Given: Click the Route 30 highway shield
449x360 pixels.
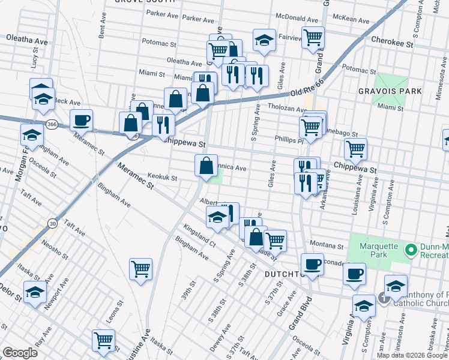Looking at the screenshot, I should click(x=53, y=223).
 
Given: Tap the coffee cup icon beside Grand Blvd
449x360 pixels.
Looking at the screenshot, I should click(x=312, y=264).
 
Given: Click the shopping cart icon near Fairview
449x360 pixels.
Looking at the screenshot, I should click(x=313, y=38).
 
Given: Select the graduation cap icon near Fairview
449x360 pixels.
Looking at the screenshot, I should click(x=264, y=40).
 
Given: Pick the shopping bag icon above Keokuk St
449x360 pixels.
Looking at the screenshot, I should click(x=206, y=164).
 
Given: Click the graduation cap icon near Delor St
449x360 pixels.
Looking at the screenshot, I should click(x=35, y=292).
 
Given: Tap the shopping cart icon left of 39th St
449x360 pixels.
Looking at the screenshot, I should click(x=140, y=269).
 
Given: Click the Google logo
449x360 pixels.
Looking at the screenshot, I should click(x=20, y=353).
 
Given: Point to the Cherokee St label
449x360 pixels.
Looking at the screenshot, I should click(x=393, y=44).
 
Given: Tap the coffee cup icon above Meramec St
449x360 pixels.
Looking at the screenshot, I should click(x=80, y=120).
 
